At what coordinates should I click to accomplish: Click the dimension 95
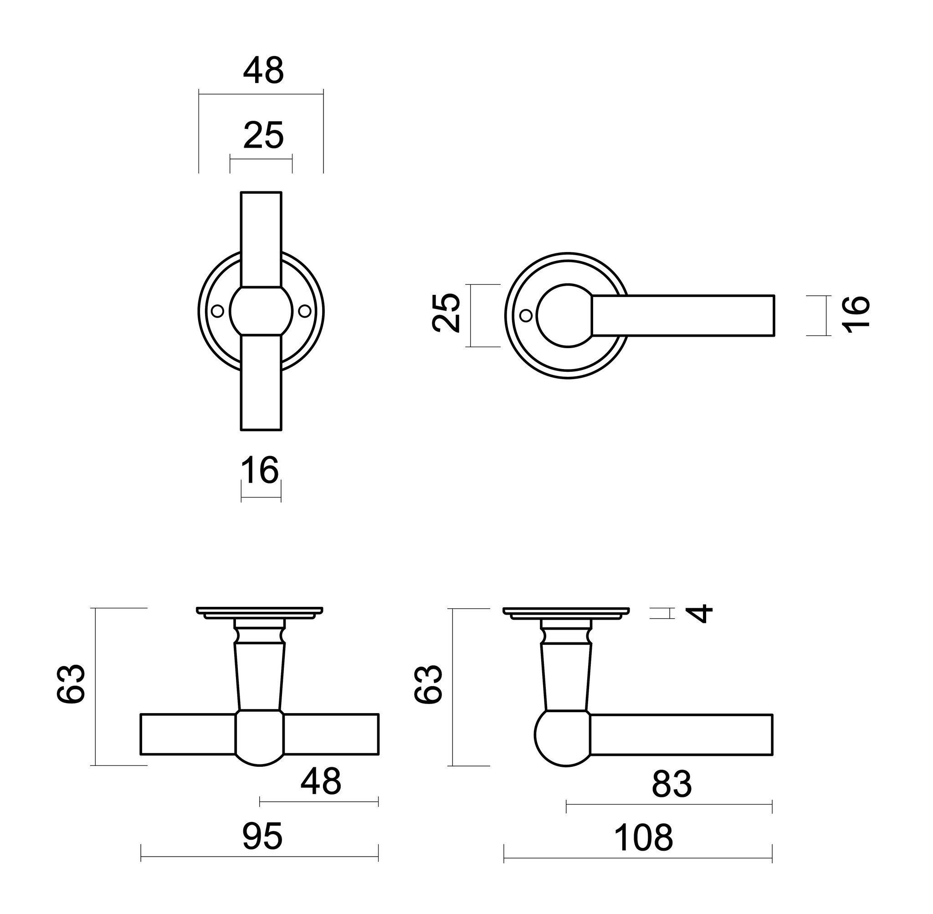tap(262, 836)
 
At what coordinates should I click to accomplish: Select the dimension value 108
tap(643, 837)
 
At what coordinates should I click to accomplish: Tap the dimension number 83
tap(672, 784)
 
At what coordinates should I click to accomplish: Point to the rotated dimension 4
tap(700, 613)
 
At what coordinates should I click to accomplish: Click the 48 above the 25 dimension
tap(263, 71)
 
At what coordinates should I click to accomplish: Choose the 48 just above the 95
tap(321, 781)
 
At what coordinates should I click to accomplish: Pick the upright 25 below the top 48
tap(263, 135)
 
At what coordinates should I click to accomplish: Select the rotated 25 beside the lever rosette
tap(446, 312)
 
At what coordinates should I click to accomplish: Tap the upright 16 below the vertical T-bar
tap(260, 470)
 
